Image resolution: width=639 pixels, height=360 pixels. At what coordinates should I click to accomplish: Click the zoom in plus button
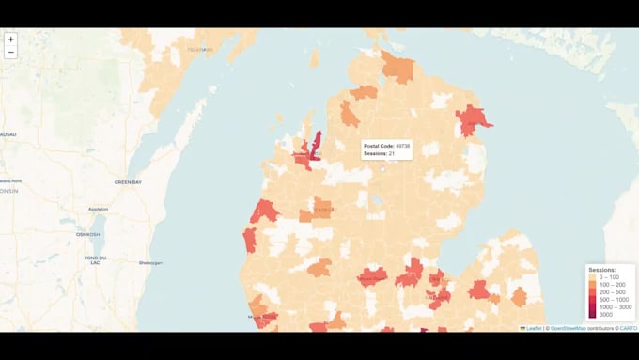(x=10, y=39)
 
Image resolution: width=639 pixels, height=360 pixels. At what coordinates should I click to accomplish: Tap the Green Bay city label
(x=128, y=181)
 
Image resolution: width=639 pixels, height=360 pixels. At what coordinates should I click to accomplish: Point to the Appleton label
(x=98, y=209)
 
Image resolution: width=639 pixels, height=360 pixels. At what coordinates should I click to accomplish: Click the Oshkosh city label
(x=88, y=234)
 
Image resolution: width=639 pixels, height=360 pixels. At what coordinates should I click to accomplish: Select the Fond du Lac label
(x=95, y=259)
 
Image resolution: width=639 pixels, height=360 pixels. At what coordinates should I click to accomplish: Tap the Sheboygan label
(x=149, y=263)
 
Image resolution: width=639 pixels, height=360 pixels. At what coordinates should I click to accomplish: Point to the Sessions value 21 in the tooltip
(x=391, y=153)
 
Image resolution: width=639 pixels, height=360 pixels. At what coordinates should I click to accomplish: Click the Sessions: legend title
(x=601, y=270)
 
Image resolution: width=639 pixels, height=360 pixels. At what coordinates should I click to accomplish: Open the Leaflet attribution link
(x=532, y=328)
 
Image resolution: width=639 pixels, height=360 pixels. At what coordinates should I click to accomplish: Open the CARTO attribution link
(x=628, y=328)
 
